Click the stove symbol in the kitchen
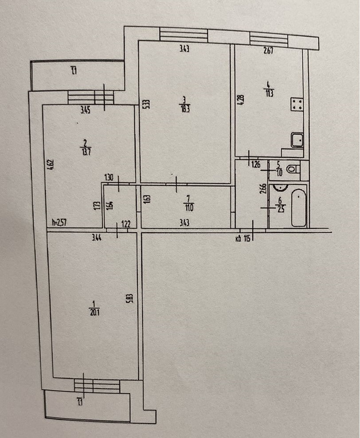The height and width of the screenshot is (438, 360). [296, 105]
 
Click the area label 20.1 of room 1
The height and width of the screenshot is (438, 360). [94, 311]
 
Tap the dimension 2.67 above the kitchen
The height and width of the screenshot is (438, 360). [267, 50]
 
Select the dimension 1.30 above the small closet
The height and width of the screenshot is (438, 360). [109, 178]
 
